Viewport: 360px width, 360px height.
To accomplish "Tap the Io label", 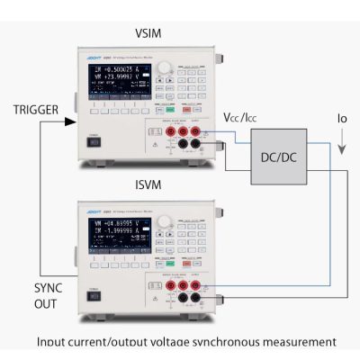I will [341, 118].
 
